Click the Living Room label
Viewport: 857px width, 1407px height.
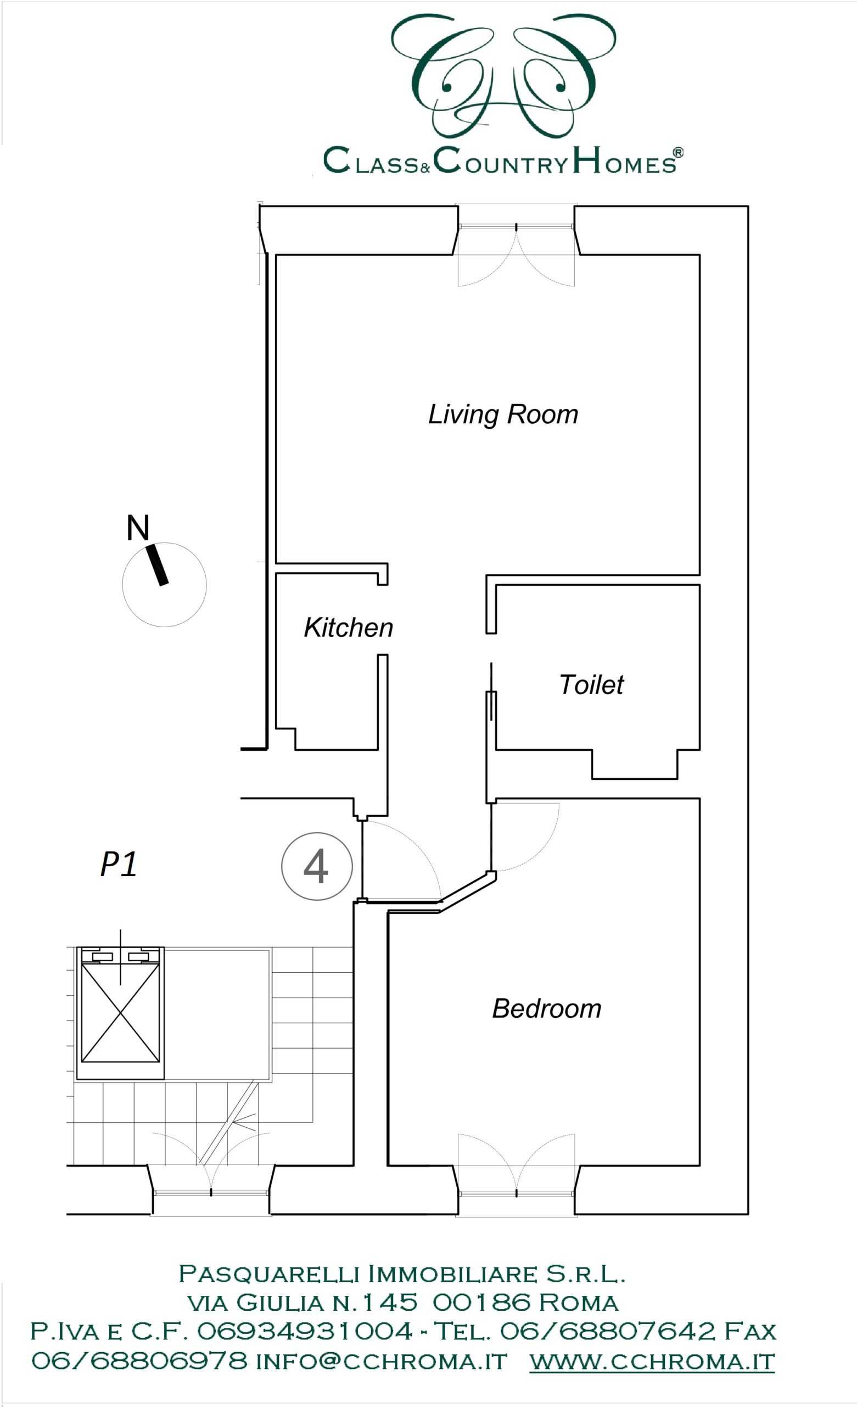coord(503,415)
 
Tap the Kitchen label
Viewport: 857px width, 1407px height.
coord(348,628)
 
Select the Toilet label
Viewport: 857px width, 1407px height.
coord(591,685)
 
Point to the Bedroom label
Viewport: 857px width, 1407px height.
coord(547,1009)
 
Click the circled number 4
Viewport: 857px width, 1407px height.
coord(317,866)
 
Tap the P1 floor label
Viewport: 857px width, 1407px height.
coord(118,864)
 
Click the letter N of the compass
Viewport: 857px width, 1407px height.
coord(137,528)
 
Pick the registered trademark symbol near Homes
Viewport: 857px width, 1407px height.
coord(678,152)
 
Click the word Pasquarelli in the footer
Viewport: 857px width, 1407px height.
coord(269,1273)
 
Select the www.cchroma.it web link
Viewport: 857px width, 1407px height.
coord(652,1361)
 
